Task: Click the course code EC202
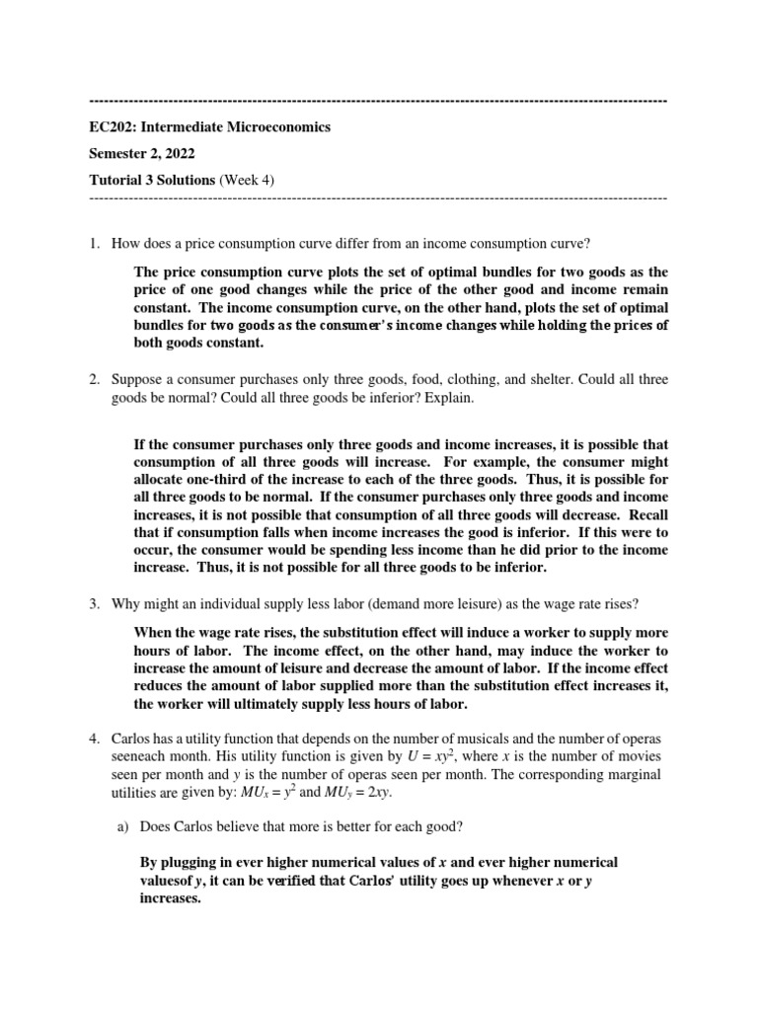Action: click(112, 127)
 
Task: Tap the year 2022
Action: click(179, 153)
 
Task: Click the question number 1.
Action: click(94, 244)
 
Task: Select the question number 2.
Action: click(94, 379)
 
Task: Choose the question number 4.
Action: click(94, 739)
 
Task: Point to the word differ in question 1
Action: click(338, 244)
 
